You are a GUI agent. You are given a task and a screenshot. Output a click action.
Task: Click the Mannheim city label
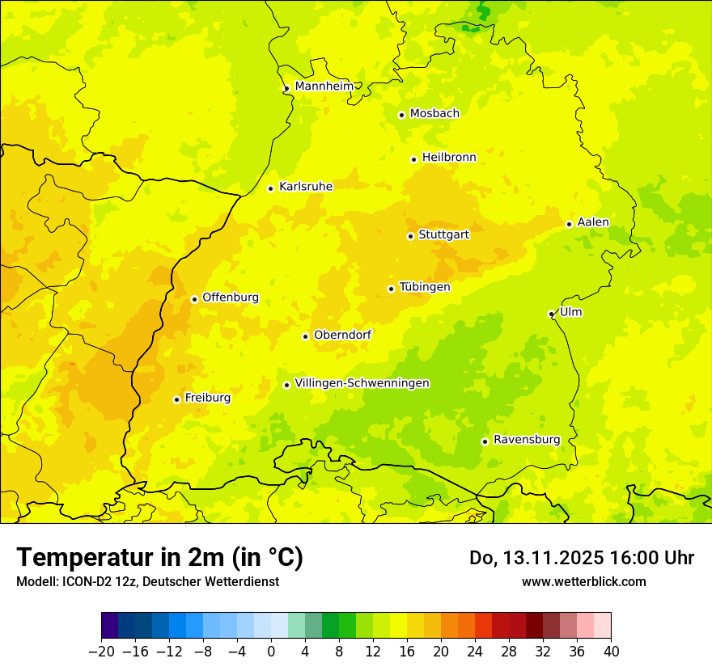click(x=324, y=87)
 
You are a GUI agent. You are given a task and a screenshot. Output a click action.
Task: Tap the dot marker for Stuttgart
click(x=410, y=236)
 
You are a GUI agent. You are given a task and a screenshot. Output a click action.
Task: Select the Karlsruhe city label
click(x=305, y=187)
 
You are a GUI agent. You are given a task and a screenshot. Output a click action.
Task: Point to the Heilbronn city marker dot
click(x=413, y=159)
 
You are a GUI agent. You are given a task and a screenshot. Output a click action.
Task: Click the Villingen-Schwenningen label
click(x=362, y=383)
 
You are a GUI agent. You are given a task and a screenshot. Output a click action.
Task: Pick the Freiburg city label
click(x=207, y=398)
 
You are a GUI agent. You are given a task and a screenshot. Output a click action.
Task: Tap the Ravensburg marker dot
click(x=485, y=441)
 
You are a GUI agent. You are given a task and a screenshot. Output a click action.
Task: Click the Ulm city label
click(x=570, y=312)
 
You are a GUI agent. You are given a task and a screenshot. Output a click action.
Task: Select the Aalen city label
click(x=592, y=222)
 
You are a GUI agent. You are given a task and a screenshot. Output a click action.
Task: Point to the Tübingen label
click(x=424, y=287)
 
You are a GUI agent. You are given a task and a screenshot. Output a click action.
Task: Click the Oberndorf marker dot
click(x=305, y=336)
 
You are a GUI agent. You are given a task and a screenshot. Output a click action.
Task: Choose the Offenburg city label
click(x=231, y=298)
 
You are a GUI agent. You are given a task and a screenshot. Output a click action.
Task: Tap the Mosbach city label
click(x=434, y=114)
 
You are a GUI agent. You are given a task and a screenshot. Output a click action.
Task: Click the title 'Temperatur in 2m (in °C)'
click(x=159, y=557)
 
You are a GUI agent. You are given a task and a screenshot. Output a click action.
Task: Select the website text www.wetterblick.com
click(x=583, y=581)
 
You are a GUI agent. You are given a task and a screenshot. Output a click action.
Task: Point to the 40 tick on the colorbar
click(x=611, y=651)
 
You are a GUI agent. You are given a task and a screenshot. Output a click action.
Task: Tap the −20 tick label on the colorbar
click(x=102, y=651)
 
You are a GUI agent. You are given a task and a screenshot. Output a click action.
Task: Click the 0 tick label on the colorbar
click(x=271, y=651)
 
